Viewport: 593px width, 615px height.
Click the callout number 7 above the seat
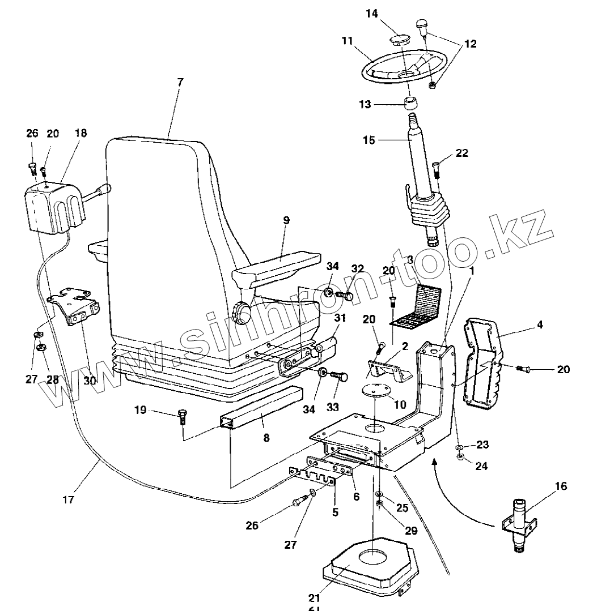click(x=180, y=83)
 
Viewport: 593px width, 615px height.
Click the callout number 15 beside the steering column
click(x=369, y=140)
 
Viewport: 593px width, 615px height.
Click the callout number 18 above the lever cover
click(x=81, y=133)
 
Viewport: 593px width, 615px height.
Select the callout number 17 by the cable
click(x=69, y=500)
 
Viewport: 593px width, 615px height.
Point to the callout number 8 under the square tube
click(x=266, y=437)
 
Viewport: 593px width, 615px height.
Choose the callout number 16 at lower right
click(x=560, y=486)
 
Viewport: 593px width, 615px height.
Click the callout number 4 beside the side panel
click(x=540, y=324)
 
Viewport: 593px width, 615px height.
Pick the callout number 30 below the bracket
click(x=90, y=381)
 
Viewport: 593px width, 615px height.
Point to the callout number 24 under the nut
click(x=481, y=466)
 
